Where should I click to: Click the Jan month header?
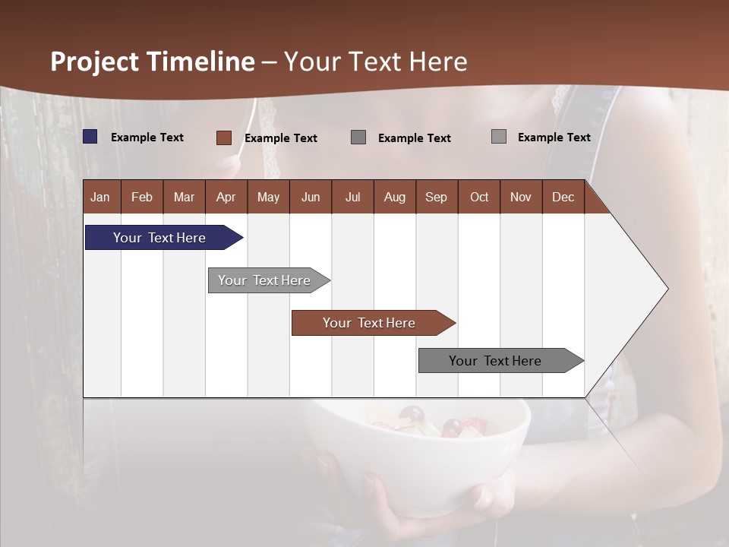click(100, 197)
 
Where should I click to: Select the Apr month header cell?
click(226, 197)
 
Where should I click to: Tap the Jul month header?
click(352, 197)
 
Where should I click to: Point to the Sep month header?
click(436, 197)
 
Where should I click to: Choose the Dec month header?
click(563, 197)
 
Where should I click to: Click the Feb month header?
click(142, 197)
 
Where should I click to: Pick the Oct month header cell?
click(479, 197)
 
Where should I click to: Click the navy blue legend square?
click(90, 137)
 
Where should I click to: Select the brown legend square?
click(224, 138)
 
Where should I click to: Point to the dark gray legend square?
click(358, 137)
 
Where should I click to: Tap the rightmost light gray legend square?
click(499, 137)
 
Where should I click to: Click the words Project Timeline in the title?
click(152, 62)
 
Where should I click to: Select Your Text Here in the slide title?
click(375, 62)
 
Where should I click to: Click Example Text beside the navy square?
click(147, 138)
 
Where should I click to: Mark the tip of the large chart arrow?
click(667, 289)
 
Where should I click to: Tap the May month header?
click(268, 197)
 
